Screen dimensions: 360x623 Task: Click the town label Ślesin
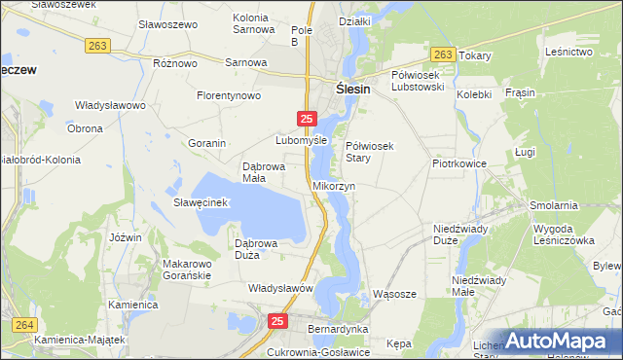356,86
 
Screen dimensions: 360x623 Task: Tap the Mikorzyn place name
334,185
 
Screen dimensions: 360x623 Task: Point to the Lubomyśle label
300,139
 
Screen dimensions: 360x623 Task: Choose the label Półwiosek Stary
369,151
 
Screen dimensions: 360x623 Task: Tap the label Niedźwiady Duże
459,234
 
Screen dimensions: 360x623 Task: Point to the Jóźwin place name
127,237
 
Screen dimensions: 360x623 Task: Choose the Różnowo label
175,62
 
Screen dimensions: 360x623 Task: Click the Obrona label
85,128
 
